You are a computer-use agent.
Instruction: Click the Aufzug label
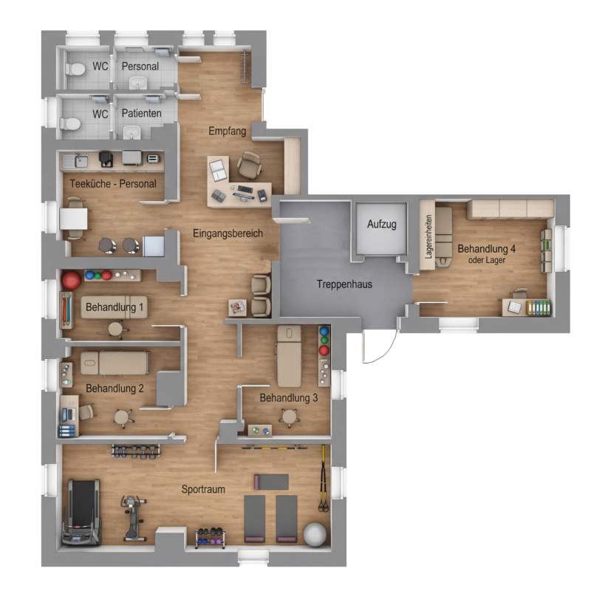pyautogui.click(x=381, y=225)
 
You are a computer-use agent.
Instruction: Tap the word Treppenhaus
pyautogui.click(x=344, y=284)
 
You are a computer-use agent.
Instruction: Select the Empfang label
pyautogui.click(x=228, y=131)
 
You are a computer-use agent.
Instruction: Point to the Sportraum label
pyautogui.click(x=203, y=489)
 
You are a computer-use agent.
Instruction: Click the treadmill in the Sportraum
pyautogui.click(x=81, y=512)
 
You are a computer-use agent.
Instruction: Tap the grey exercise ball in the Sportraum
pyautogui.click(x=315, y=533)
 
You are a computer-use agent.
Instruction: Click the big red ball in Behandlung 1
pyautogui.click(x=71, y=280)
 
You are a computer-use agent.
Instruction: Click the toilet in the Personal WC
pyautogui.click(x=75, y=69)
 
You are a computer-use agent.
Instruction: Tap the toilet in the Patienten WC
pyautogui.click(x=70, y=124)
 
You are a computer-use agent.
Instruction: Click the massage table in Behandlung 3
pyautogui.click(x=289, y=356)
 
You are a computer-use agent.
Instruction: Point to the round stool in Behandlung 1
pyautogui.click(x=116, y=329)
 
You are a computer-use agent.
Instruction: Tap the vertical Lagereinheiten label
pyautogui.click(x=428, y=236)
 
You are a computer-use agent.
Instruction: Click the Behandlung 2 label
pyautogui.click(x=115, y=389)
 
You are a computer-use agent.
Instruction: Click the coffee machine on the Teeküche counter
pyautogui.click(x=106, y=159)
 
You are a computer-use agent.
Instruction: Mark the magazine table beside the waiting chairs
pyautogui.click(x=237, y=307)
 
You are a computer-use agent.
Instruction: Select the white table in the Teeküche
pyautogui.click(x=73, y=219)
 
